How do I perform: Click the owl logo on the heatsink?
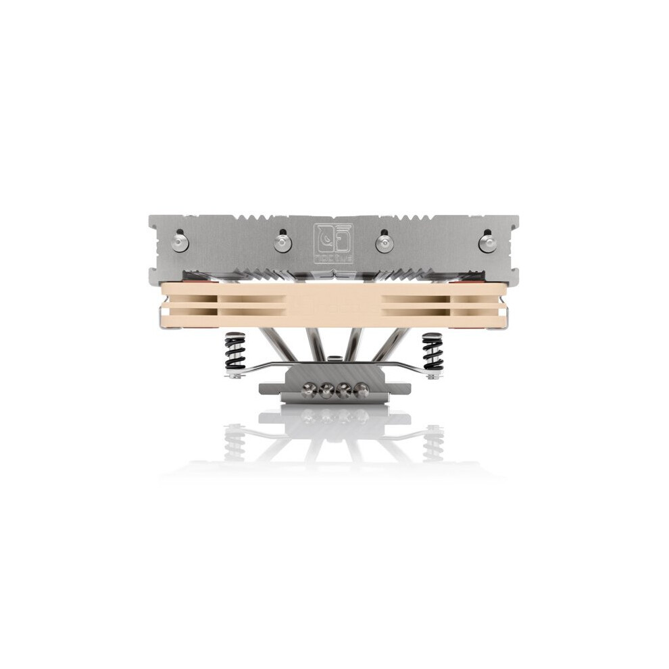(x=333, y=241)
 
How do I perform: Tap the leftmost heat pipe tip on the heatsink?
(x=179, y=242)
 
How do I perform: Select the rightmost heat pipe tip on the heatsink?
(x=486, y=242)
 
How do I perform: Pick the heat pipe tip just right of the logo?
(x=384, y=241)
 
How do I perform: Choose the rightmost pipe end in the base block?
(x=361, y=390)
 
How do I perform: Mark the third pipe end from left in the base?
(x=344, y=390)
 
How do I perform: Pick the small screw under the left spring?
(x=233, y=374)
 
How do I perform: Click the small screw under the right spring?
(x=432, y=374)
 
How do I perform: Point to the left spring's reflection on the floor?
(x=234, y=443)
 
